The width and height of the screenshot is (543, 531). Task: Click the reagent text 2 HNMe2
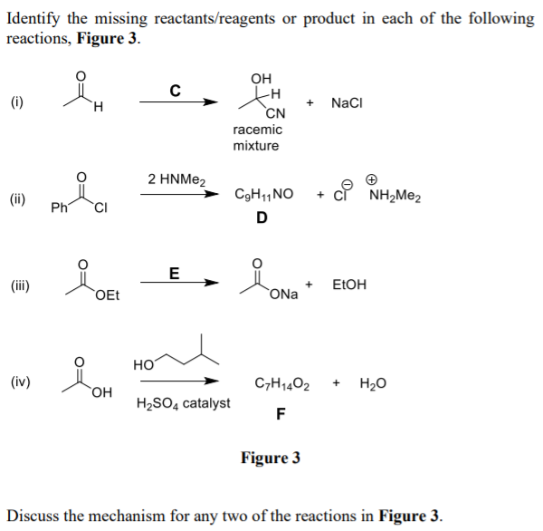177,179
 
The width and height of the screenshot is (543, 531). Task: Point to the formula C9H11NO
263,195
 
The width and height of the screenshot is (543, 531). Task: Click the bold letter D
262,217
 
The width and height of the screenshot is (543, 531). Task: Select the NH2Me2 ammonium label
395,196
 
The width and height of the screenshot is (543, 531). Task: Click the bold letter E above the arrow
175,273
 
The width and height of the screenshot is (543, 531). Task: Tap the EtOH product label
349,285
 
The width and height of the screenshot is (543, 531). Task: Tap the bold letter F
281,415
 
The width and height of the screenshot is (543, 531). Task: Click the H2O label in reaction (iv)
373,384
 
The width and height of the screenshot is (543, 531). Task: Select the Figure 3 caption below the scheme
271,459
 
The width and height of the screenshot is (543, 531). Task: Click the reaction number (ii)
18,197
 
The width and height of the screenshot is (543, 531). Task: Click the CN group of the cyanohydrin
276,113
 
